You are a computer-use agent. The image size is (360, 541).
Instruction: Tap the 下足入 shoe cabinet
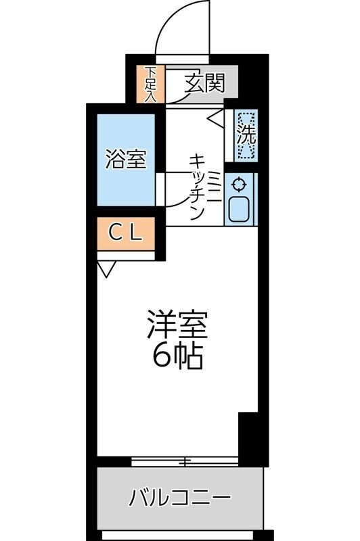click(150, 84)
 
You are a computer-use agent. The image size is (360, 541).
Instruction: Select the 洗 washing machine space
click(246, 135)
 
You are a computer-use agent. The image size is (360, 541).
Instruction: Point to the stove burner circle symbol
click(239, 184)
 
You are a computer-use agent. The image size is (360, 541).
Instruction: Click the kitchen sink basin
click(240, 210)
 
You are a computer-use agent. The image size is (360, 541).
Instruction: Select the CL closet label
click(127, 234)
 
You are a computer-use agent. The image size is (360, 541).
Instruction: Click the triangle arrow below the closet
click(106, 270)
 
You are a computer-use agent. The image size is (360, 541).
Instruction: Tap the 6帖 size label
click(177, 356)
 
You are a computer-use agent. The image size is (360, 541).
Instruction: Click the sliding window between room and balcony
click(184, 463)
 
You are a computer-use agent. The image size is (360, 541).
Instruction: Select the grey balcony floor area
click(180, 517)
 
